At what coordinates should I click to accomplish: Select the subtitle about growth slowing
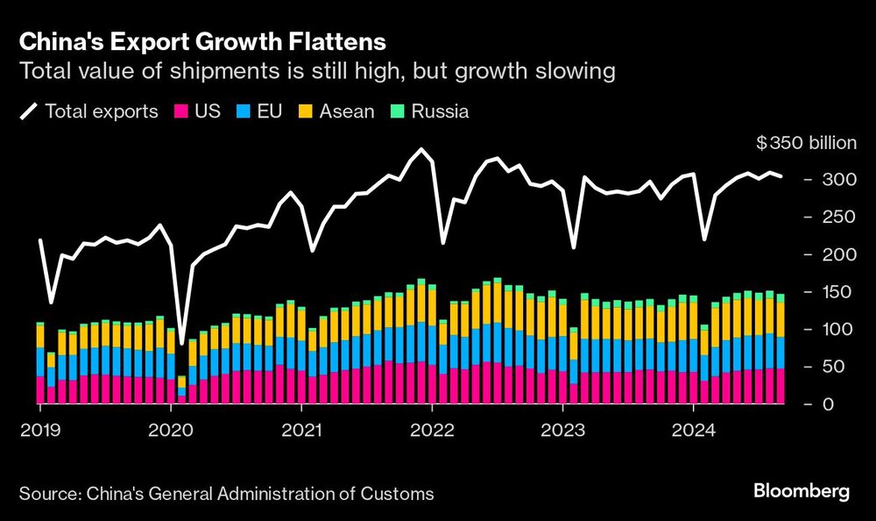click(x=317, y=71)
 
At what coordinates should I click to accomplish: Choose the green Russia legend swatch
click(x=395, y=111)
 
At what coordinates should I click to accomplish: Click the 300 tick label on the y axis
click(x=822, y=180)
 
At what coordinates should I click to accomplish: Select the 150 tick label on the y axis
click(x=822, y=292)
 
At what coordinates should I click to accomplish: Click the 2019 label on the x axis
click(x=40, y=431)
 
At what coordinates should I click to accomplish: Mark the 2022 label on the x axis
click(x=432, y=431)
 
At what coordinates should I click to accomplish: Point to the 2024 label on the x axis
click(x=693, y=431)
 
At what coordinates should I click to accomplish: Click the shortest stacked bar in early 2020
click(x=181, y=390)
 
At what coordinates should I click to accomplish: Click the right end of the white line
click(x=781, y=176)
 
